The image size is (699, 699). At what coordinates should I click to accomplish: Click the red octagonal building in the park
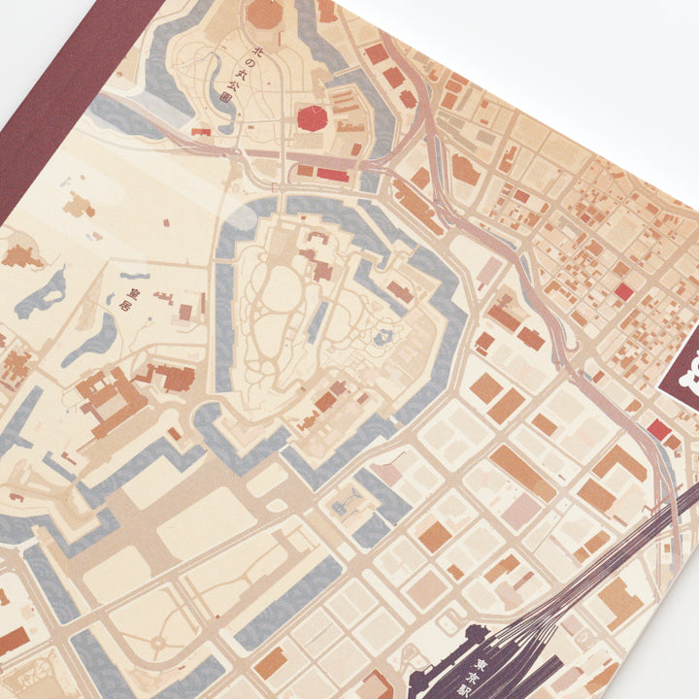coord(312,118)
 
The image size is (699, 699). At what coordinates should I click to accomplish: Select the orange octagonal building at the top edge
coord(263,13)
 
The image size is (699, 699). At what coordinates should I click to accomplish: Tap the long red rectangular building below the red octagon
coord(332,174)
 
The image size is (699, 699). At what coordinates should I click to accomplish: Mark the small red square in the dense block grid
coord(623,290)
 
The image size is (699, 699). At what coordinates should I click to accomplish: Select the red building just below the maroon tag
coord(659,428)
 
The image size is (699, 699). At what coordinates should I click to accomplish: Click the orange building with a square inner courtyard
coord(105,399)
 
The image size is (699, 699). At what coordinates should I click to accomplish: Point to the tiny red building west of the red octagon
coord(202,131)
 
